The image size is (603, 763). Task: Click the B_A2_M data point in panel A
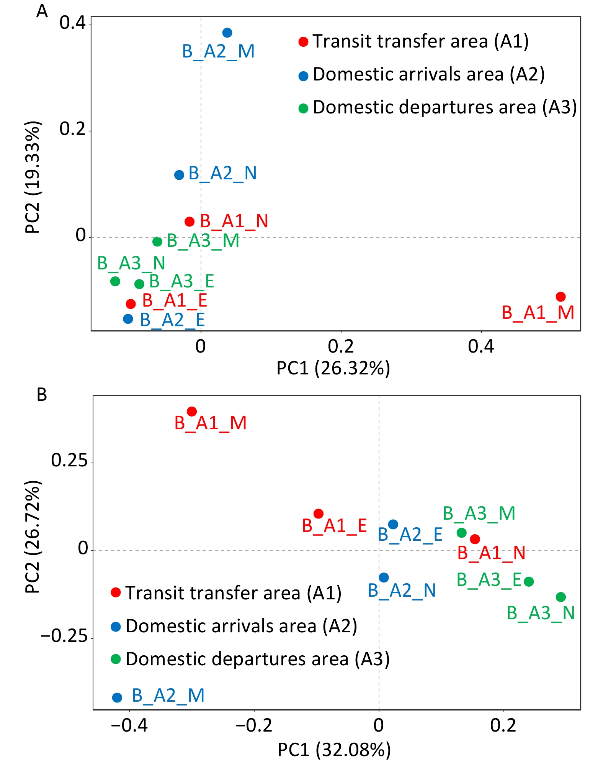[227, 33]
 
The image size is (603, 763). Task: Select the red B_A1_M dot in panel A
[561, 297]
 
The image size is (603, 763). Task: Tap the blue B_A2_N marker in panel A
[179, 175]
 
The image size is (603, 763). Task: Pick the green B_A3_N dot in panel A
[115, 281]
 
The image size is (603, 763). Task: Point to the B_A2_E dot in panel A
[128, 319]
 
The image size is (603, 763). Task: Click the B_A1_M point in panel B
[192, 412]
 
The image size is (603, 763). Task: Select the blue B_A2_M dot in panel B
[117, 698]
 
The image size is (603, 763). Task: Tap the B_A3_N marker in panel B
[561, 597]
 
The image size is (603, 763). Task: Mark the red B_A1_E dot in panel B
[319, 514]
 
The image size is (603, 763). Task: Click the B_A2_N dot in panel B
[384, 578]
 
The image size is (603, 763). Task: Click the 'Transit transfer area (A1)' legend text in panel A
[420, 41]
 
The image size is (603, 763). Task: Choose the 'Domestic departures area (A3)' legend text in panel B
[258, 659]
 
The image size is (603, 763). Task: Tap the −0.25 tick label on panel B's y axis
[64, 637]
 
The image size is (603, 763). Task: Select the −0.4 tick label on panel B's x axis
[129, 725]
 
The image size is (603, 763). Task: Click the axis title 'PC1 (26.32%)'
[333, 368]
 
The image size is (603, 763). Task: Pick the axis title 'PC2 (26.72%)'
[33, 537]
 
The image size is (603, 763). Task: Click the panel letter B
[42, 394]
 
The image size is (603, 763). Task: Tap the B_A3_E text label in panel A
[181, 282]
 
